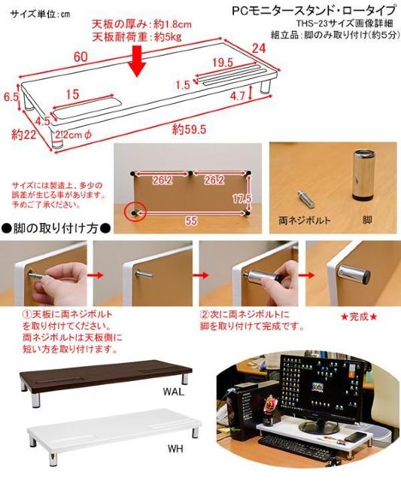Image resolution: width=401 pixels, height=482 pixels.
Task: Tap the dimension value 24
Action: tap(260, 50)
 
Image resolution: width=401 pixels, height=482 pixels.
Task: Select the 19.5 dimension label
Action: tap(222, 62)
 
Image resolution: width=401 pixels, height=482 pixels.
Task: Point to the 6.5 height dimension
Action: tap(11, 97)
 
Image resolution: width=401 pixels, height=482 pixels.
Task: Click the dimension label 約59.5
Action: tap(188, 129)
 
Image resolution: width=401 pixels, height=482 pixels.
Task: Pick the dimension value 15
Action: tap(72, 94)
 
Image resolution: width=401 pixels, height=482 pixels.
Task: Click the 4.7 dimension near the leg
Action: tap(238, 96)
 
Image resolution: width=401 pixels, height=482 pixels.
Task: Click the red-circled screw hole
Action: tap(135, 214)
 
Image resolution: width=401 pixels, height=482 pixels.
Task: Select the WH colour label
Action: tap(175, 450)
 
